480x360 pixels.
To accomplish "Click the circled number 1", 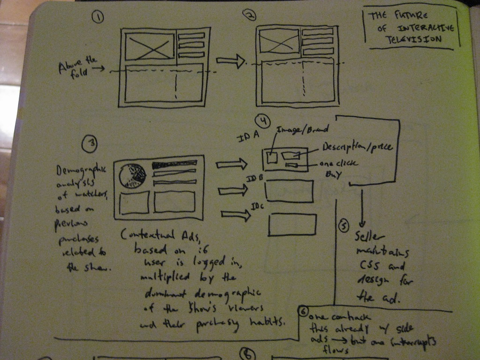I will (x=97, y=17).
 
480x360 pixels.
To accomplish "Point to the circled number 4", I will (x=263, y=122).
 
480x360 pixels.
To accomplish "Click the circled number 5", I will (x=344, y=226).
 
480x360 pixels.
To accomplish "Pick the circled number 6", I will (x=303, y=311).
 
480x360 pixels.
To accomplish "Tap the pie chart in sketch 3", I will (x=132, y=176).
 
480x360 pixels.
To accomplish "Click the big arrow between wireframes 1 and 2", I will (x=231, y=61).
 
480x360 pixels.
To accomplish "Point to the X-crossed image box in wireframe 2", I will (x=279, y=41).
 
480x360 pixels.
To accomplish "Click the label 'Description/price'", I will (x=357, y=147).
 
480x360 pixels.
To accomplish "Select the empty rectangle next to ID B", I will (x=289, y=191).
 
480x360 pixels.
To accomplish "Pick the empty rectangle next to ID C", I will (x=292, y=224).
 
